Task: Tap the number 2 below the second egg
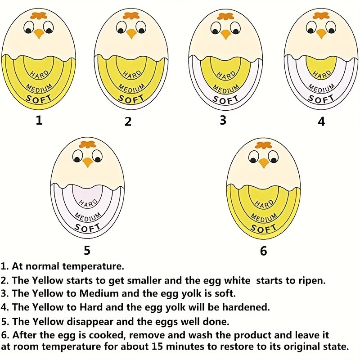[128, 121]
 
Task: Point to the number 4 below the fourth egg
[321, 121]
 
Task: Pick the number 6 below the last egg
[263, 251]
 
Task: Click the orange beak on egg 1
[39, 33]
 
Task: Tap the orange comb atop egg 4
[321, 15]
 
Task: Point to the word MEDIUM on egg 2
[130, 87]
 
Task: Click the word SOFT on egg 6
[264, 229]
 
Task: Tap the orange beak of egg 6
[263, 163]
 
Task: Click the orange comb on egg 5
[87, 145]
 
